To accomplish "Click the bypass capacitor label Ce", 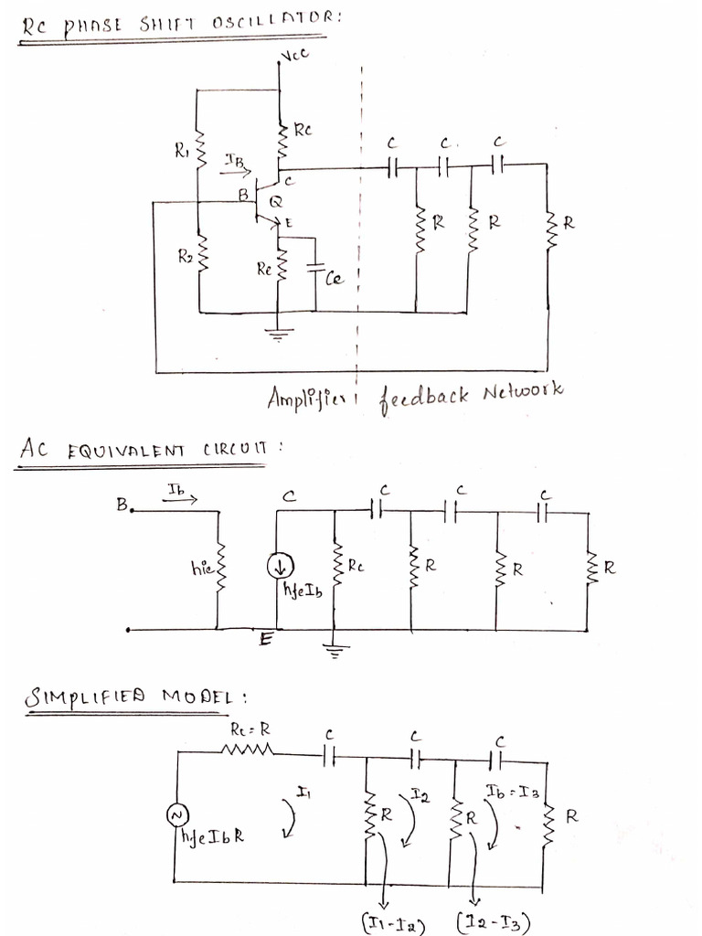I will [x=334, y=279].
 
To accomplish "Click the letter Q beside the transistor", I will [x=275, y=200].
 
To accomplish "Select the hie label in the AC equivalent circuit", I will [x=201, y=569].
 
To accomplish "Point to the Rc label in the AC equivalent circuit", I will [x=355, y=567].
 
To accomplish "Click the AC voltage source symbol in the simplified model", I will [x=175, y=814].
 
